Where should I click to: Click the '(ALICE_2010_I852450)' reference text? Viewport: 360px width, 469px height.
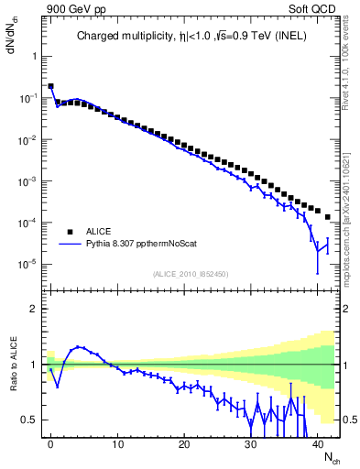click(190, 274)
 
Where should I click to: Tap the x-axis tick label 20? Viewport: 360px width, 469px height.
click(183, 443)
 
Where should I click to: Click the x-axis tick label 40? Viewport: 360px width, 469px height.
click(316, 443)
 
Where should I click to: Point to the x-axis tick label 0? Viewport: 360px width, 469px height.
click(50, 443)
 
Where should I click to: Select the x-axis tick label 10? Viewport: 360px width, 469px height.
click(117, 443)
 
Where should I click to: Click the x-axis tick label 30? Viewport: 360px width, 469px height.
click(250, 443)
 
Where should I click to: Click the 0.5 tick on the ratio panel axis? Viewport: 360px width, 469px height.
click(31, 420)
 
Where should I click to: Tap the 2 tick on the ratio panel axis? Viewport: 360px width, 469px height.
click(35, 309)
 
